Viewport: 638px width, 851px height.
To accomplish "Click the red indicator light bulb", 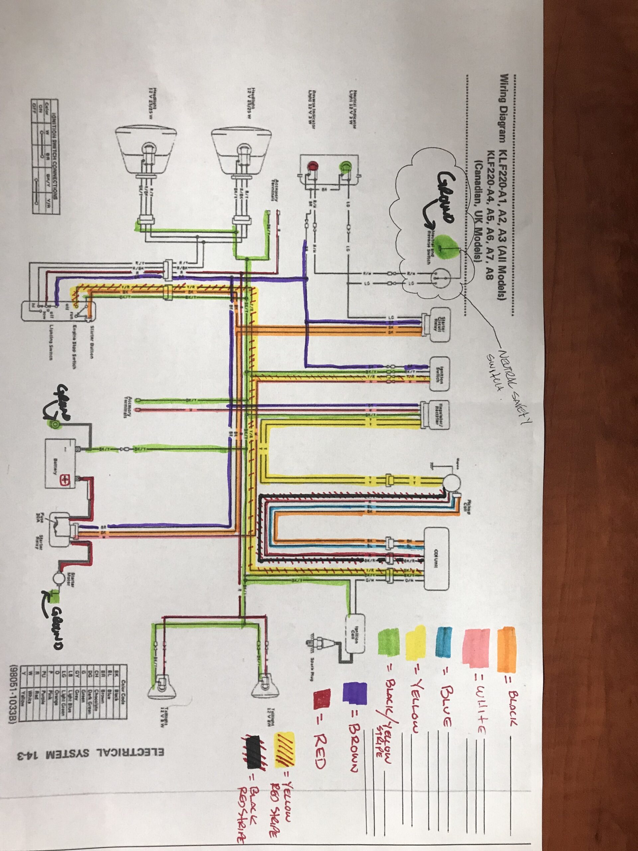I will (x=312, y=166).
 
